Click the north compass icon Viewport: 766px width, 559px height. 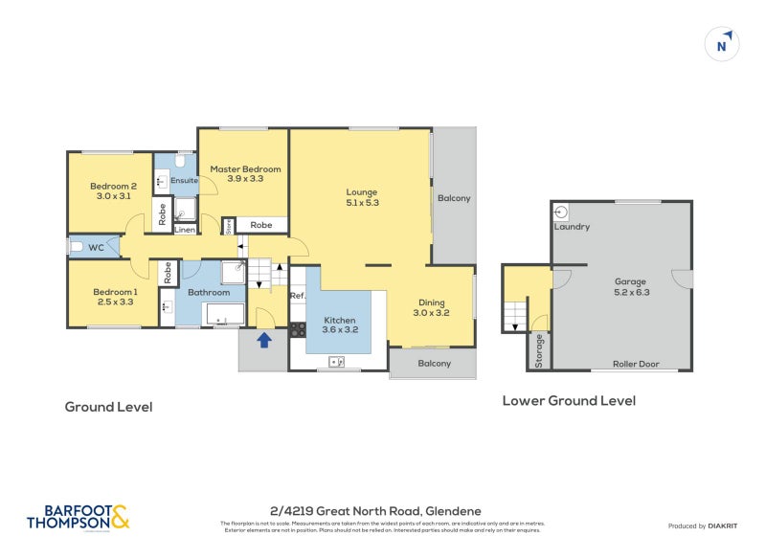[x=724, y=43]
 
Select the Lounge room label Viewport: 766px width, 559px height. [x=362, y=197]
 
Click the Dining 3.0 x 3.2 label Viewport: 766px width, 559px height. [x=431, y=306]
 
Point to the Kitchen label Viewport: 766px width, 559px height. [x=340, y=325]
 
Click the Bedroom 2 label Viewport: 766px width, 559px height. [x=113, y=191]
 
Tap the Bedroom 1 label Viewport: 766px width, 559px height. [x=115, y=297]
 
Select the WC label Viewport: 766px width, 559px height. [x=96, y=247]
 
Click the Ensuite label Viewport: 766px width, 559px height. [x=184, y=180]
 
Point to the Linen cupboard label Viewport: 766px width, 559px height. [x=185, y=230]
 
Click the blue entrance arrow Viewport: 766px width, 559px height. [x=264, y=339]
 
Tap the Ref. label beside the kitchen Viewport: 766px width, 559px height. [x=297, y=296]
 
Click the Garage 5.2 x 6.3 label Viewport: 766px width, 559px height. [x=631, y=287]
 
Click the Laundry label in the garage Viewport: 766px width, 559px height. [x=572, y=227]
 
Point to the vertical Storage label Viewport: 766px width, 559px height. [x=539, y=349]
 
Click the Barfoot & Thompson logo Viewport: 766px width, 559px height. [x=78, y=518]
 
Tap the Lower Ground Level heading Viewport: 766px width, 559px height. [x=569, y=401]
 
